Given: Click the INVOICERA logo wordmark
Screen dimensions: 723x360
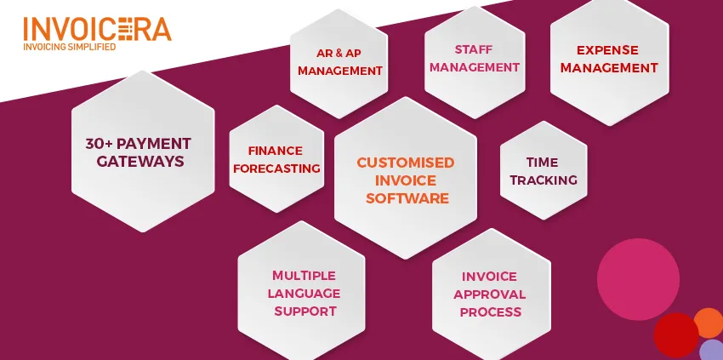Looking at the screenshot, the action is (x=97, y=29).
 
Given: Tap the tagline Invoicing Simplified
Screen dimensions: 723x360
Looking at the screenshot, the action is (x=70, y=47).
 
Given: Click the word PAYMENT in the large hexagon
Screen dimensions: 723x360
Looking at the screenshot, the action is (x=154, y=144).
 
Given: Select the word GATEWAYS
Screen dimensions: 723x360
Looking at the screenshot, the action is (x=140, y=161).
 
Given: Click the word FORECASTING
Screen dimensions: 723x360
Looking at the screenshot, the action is (x=276, y=169).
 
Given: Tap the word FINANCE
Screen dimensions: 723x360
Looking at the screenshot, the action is (x=276, y=151).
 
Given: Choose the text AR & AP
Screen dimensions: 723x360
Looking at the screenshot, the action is (x=339, y=53).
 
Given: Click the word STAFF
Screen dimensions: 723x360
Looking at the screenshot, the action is (x=474, y=49).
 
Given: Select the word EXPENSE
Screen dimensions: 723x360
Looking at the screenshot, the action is (x=607, y=50).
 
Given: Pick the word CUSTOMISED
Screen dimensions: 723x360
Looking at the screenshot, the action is (x=406, y=163).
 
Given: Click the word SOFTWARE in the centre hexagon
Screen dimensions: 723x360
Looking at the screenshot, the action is (x=407, y=198).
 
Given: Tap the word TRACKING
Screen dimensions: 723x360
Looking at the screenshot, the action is (x=544, y=180).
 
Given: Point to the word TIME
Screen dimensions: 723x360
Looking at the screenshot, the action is (x=543, y=163).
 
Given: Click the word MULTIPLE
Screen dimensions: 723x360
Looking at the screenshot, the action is (x=304, y=276).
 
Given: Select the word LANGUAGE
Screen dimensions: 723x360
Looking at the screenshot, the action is (x=304, y=294).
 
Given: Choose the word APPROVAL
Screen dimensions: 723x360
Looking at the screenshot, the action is (x=490, y=294).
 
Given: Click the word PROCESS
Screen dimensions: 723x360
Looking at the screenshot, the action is (x=491, y=312).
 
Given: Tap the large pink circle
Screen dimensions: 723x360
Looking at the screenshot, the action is (x=638, y=279).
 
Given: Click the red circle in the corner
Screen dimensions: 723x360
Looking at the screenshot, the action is (x=676, y=335).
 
